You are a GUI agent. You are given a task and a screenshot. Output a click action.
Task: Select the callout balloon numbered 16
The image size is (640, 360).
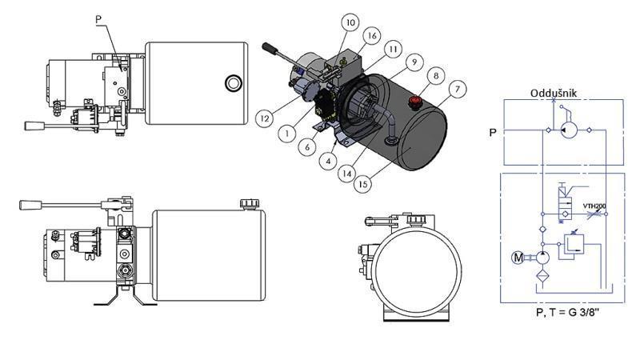point(371,36)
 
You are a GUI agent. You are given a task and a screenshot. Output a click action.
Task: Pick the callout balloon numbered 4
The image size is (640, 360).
point(328,160)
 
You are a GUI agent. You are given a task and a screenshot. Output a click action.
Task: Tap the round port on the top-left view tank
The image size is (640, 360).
point(233,82)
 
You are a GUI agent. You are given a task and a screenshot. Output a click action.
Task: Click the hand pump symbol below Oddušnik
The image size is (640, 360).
point(569,128)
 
